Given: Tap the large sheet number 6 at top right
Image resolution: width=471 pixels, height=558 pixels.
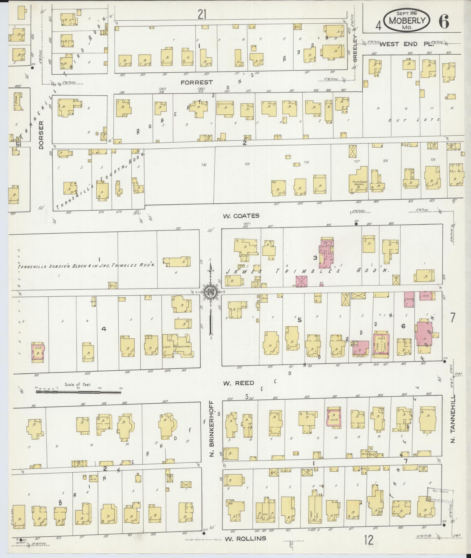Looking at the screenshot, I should [443, 22].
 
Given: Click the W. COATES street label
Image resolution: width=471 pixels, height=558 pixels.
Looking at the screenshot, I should [241, 216].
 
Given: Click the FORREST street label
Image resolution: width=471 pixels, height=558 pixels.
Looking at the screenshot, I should [196, 83].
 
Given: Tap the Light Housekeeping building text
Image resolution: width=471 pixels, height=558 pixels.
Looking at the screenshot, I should [176, 347].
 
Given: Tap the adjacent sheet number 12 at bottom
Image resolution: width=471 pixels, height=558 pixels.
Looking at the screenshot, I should [369, 540].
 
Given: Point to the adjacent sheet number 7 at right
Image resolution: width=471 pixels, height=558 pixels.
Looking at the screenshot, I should [452, 318].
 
